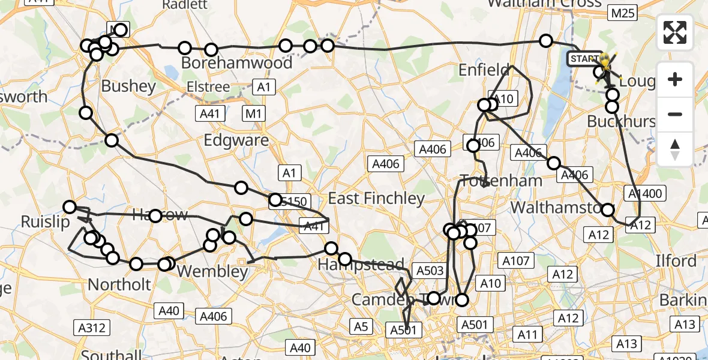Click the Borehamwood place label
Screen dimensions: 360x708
point(237,63)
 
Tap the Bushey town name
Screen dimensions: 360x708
point(128,86)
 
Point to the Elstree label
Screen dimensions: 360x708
point(208,87)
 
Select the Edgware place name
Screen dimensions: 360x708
point(236,140)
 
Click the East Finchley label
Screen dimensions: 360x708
point(376,199)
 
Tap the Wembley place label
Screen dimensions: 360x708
point(213,272)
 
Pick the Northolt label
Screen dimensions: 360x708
point(119,284)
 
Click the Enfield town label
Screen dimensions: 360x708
point(484,70)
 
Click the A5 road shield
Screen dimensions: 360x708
point(361,327)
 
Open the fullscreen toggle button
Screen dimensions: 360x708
point(675,32)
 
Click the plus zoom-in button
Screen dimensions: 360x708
point(675,80)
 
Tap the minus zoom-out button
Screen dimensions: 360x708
point(675,114)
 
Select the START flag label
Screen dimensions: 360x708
point(583,59)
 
